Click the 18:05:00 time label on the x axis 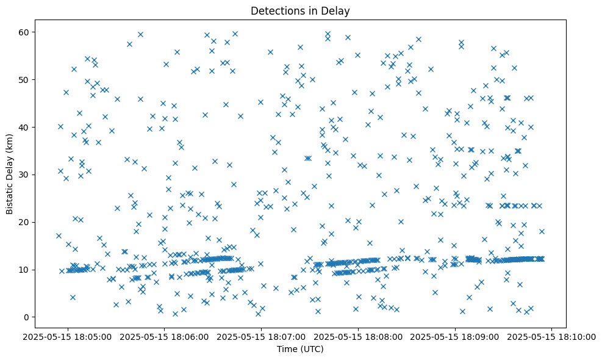(68, 336)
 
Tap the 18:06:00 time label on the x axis (165, 336)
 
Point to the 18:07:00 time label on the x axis (262, 336)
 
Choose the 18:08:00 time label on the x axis (359, 336)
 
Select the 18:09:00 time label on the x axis (456, 336)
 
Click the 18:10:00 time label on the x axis (552, 336)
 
